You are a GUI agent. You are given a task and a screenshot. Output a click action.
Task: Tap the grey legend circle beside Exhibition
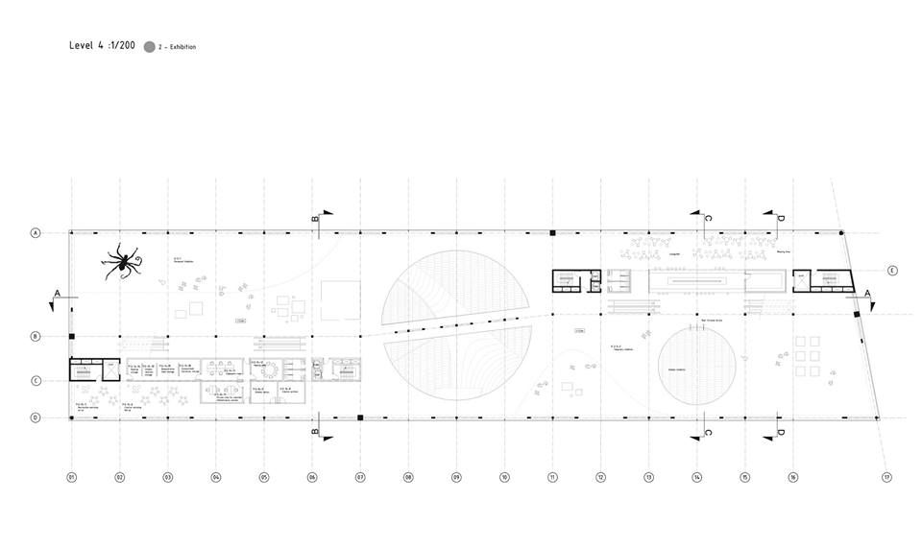click(x=149, y=46)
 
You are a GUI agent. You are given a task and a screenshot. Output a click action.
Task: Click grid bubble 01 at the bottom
click(x=71, y=476)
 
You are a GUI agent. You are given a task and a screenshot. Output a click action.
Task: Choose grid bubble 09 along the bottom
click(x=456, y=476)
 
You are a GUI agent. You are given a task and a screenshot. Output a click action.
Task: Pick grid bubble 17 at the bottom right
click(x=887, y=476)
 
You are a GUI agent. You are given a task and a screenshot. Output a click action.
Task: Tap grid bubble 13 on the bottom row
click(x=648, y=476)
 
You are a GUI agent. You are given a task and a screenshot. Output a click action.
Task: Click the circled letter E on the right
click(x=891, y=270)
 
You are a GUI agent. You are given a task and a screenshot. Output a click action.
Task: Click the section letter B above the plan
click(x=314, y=219)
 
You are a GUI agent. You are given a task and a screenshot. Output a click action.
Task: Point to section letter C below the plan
click(x=708, y=432)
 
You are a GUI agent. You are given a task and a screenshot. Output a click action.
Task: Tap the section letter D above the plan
click(x=780, y=219)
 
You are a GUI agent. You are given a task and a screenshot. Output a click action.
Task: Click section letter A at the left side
click(x=58, y=292)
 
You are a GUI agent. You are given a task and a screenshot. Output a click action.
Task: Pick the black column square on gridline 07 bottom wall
click(x=360, y=417)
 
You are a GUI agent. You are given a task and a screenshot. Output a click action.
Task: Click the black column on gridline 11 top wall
click(x=552, y=232)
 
